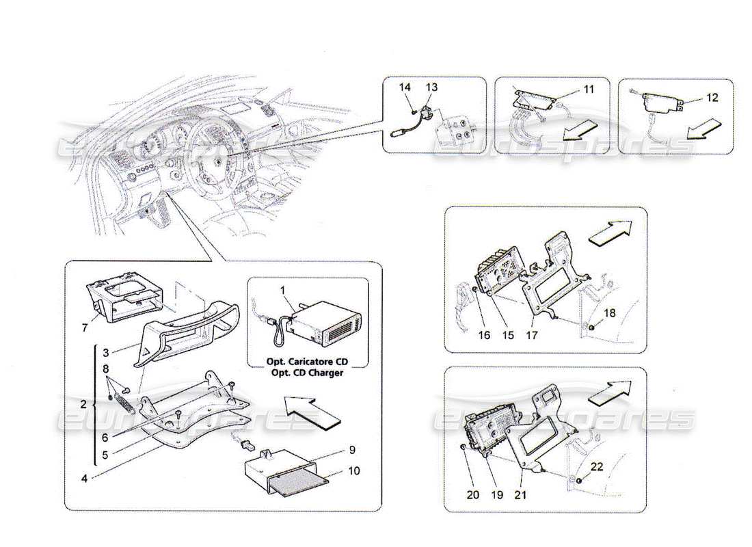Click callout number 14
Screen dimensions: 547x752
click(405, 88)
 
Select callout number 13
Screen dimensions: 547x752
click(432, 88)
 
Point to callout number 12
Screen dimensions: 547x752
click(712, 98)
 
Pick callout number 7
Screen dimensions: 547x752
click(85, 328)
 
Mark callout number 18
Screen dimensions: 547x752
click(610, 312)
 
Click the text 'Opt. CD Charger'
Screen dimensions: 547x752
click(308, 373)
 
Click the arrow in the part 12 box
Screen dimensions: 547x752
click(703, 127)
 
